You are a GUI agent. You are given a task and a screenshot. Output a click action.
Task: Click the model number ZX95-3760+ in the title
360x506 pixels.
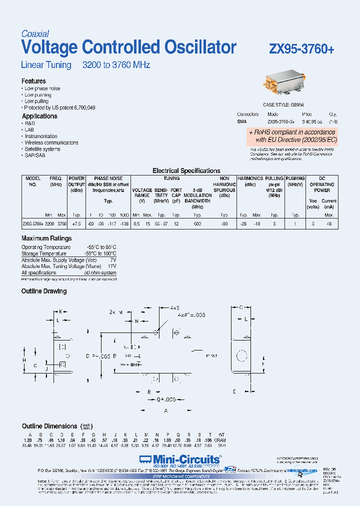click(x=301, y=49)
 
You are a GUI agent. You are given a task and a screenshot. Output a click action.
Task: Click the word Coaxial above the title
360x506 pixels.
click(x=35, y=34)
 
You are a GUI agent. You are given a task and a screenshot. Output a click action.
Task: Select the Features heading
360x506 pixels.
click(x=33, y=81)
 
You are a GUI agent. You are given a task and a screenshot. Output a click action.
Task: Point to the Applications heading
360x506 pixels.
click(x=39, y=116)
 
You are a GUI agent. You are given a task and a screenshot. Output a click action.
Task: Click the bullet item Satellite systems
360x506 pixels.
click(x=42, y=149)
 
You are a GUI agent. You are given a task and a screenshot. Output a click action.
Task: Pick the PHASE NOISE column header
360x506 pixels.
click(x=108, y=178)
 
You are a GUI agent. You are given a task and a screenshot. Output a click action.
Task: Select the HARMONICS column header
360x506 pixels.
click(x=250, y=178)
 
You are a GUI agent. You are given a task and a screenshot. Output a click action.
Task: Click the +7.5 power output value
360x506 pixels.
click(x=76, y=224)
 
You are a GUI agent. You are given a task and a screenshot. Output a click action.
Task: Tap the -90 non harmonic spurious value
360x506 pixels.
click(x=225, y=224)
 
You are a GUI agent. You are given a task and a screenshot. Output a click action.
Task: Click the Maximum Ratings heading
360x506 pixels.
click(x=46, y=238)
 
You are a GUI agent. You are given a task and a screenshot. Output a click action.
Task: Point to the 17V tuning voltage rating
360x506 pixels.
click(x=112, y=266)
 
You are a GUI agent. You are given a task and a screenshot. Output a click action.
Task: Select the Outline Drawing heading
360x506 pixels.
click(x=44, y=291)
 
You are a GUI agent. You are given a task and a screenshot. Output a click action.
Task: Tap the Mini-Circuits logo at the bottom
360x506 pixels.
click(x=179, y=459)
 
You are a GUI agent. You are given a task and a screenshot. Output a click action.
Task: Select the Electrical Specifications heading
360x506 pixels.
click(x=186, y=170)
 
